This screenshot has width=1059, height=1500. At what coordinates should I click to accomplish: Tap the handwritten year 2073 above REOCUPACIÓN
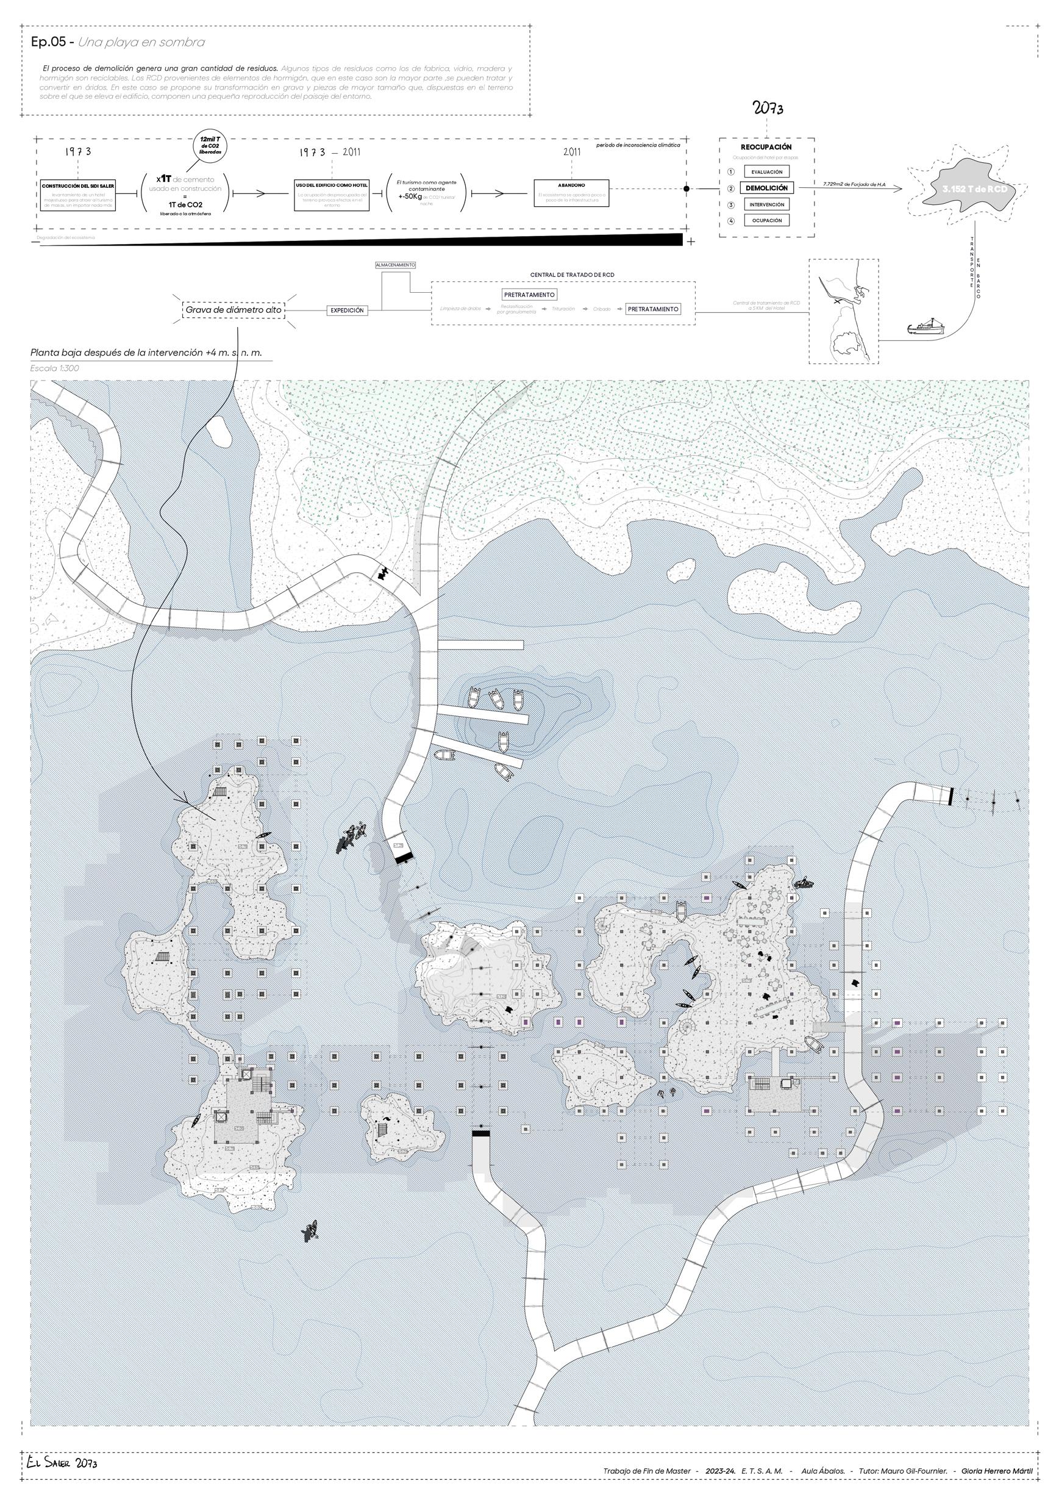point(768,109)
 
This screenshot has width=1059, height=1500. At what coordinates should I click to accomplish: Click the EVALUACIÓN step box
point(766,172)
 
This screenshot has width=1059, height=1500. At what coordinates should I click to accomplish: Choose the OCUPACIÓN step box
point(766,221)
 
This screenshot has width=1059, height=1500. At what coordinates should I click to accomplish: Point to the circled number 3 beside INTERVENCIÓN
point(731,205)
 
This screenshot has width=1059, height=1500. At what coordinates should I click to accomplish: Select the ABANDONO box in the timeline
point(571,193)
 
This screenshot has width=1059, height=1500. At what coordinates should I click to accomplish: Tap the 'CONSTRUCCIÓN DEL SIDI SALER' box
point(79,195)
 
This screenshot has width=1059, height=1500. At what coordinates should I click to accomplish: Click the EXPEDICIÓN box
point(347,311)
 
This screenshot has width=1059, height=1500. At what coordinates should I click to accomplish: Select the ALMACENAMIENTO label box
point(395,265)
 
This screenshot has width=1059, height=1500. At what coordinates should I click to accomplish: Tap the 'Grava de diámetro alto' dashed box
point(234,310)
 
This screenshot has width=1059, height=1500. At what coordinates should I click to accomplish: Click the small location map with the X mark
point(844,311)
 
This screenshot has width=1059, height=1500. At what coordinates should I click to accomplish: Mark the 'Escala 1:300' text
point(55,368)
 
